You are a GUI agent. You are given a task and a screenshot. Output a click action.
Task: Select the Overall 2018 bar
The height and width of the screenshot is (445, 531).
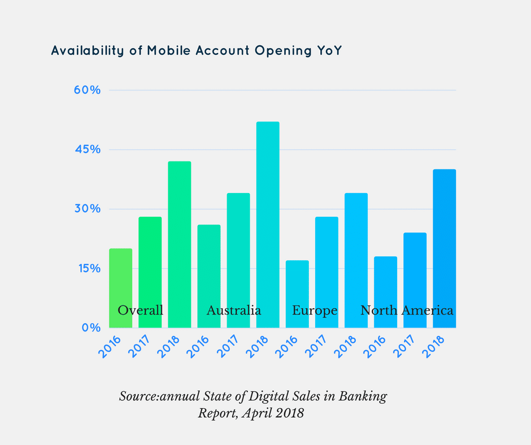180,243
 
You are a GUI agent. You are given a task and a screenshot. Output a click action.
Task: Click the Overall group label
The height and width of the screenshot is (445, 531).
141,311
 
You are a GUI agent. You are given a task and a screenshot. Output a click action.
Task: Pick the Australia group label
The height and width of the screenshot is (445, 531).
234,311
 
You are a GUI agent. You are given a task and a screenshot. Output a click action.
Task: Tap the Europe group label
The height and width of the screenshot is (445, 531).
315,311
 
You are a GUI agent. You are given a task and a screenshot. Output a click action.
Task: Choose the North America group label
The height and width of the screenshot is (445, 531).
407,311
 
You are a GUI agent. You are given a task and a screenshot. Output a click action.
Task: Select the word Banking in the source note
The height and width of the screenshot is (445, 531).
363,396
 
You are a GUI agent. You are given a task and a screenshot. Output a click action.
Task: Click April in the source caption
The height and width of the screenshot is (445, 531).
257,413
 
